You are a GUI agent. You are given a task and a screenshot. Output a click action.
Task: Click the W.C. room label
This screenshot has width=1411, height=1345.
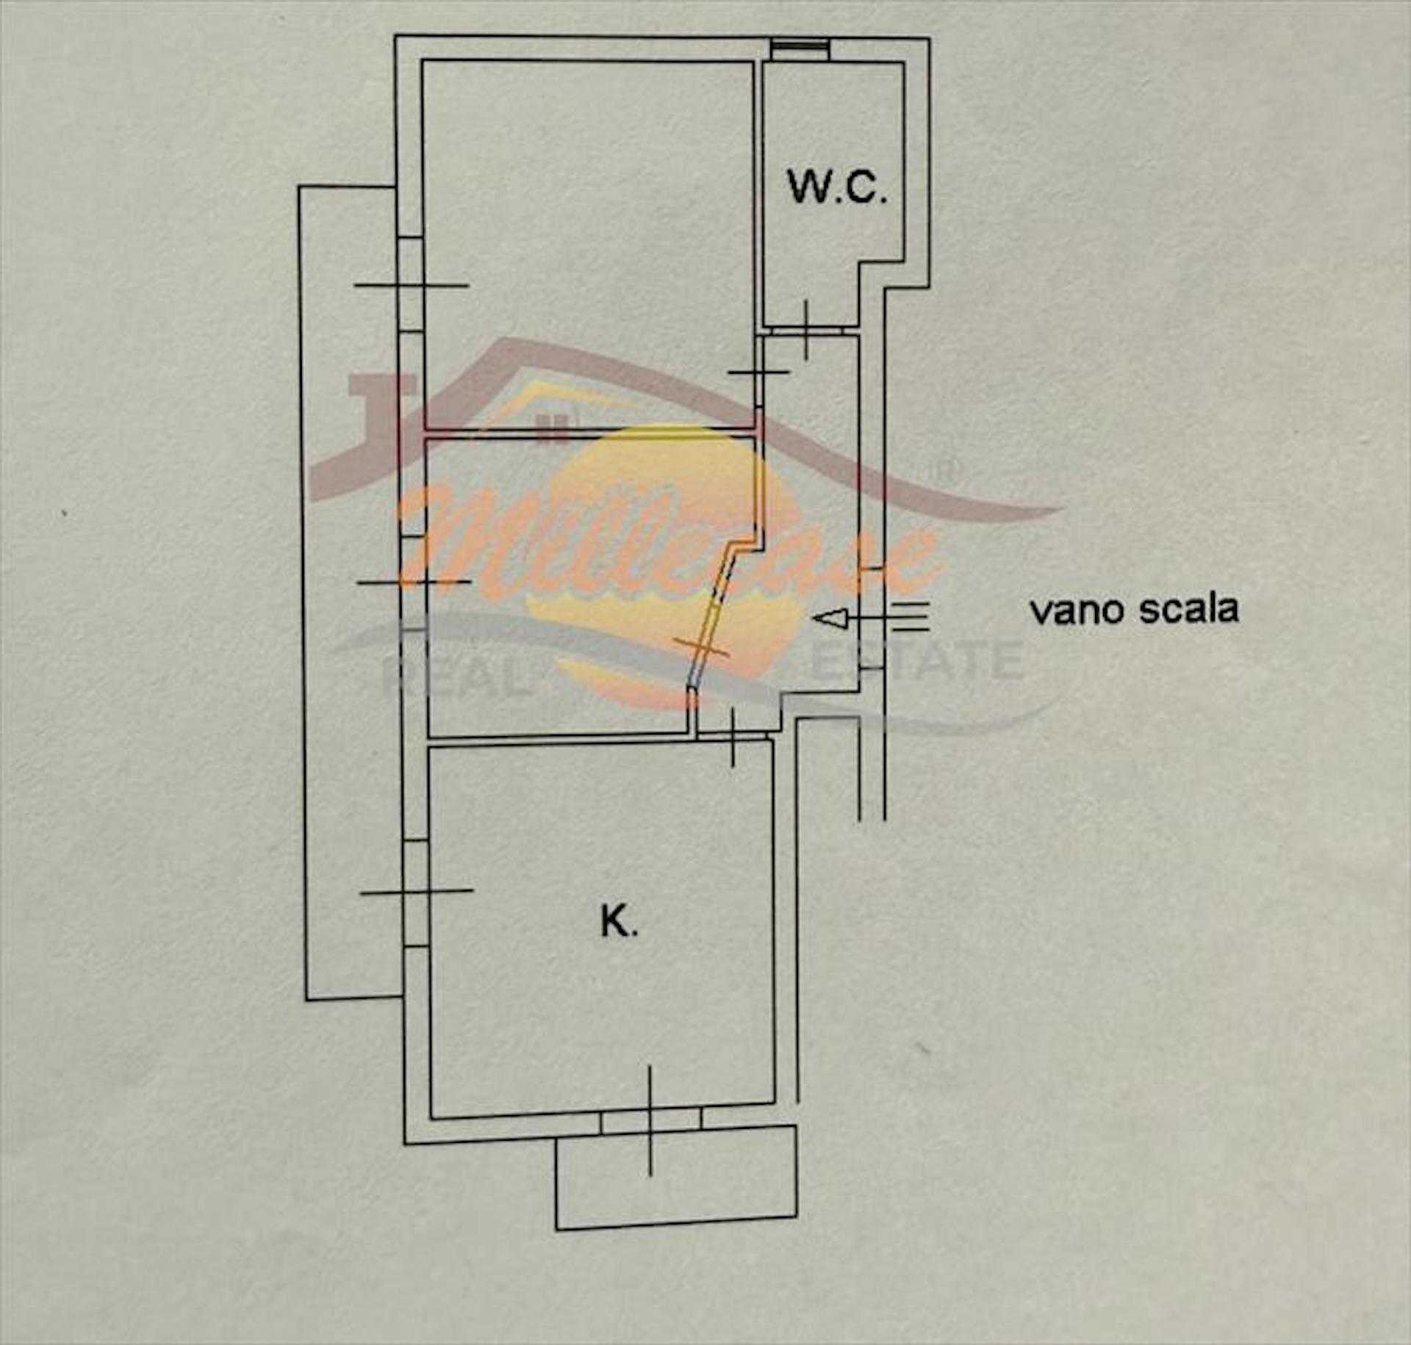click(x=836, y=187)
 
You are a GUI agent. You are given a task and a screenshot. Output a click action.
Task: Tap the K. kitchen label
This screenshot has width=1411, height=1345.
click(x=620, y=922)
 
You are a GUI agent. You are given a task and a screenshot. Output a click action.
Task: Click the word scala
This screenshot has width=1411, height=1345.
click(x=1188, y=610)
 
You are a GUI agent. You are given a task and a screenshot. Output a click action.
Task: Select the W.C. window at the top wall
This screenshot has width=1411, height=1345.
click(x=800, y=47)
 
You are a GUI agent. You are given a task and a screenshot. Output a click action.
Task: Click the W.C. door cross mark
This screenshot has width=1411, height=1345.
click(x=806, y=331)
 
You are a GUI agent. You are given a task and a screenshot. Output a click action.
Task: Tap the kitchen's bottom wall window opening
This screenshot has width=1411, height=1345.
click(x=650, y=1120)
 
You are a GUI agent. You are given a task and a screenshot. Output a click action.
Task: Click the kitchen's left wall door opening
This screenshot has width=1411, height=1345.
click(x=416, y=891)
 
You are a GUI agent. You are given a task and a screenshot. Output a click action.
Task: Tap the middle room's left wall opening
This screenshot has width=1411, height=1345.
click(x=414, y=582)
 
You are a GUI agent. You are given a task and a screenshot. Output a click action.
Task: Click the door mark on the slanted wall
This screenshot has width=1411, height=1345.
click(x=702, y=648)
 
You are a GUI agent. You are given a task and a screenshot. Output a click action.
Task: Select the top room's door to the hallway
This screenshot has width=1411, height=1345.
click(x=759, y=372)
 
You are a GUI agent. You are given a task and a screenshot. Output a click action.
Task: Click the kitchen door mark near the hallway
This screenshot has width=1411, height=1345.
click(x=732, y=737)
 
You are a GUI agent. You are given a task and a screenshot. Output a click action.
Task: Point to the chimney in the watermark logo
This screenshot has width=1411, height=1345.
click(x=382, y=411)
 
